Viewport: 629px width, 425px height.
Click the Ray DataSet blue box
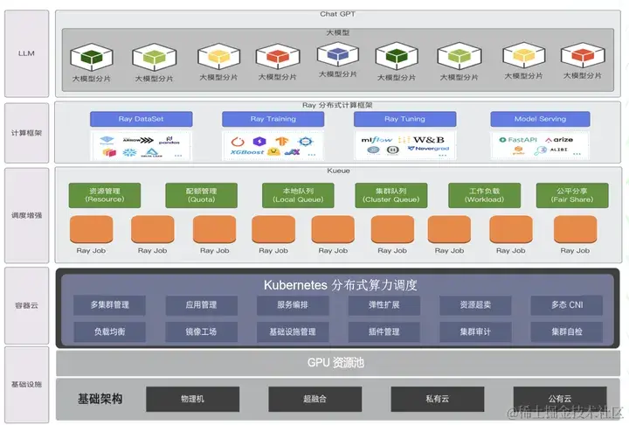pyautogui.click(x=141, y=119)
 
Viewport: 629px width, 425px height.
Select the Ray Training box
pyautogui.click(x=273, y=119)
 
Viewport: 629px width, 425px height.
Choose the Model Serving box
pyautogui.click(x=540, y=119)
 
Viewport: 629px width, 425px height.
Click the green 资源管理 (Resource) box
pyautogui.click(x=105, y=195)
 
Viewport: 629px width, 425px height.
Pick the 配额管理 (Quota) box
pyautogui.click(x=202, y=195)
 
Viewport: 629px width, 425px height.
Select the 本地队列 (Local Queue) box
pyautogui.click(x=298, y=195)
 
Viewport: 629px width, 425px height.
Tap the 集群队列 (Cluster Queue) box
pyautogui.click(x=391, y=195)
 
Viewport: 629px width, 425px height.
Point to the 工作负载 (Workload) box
pyautogui.click(x=484, y=195)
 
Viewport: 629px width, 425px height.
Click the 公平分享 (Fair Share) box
pyautogui.click(x=571, y=195)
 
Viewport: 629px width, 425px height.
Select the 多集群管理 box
pyautogui.click(x=109, y=305)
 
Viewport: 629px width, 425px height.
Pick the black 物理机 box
pyautogui.click(x=192, y=399)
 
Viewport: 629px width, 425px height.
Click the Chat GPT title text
pyautogui.click(x=340, y=14)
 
